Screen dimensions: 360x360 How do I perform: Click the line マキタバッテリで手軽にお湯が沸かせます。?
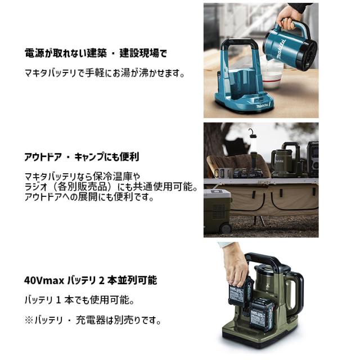pos(105,73)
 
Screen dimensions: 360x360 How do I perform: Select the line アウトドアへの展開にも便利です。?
pos(90,198)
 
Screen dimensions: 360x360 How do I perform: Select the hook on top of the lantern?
pos(251,132)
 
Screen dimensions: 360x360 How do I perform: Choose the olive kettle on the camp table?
pos(281,161)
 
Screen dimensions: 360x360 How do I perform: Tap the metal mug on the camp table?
pos(221,172)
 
